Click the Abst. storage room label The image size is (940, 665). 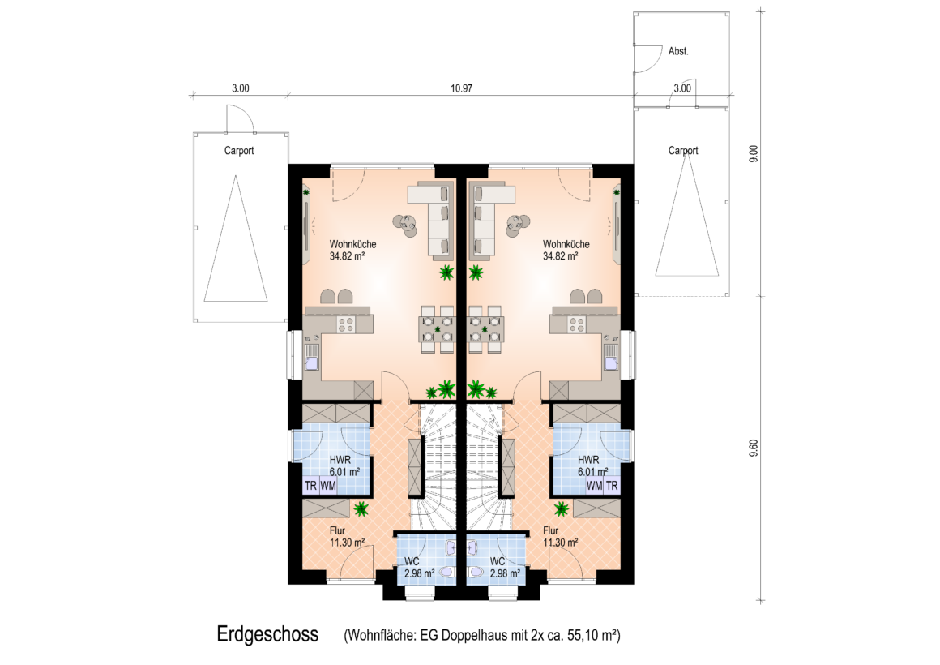[x=678, y=52]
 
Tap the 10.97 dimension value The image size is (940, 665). [x=462, y=88]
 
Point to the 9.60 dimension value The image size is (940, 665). [x=754, y=448]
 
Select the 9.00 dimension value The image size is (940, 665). [x=754, y=153]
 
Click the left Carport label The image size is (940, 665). [x=238, y=151]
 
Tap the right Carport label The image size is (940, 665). [x=683, y=151]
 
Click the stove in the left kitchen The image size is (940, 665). [x=346, y=324]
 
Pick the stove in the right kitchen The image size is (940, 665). [x=577, y=324]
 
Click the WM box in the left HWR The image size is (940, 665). [x=328, y=486]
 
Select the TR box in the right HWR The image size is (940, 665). [x=612, y=486]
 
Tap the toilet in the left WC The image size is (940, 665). [x=446, y=572]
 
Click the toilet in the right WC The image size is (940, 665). [x=476, y=572]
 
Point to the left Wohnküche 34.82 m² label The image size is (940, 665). [x=352, y=251]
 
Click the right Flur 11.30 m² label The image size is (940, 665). [x=561, y=537]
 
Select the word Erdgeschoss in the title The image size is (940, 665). [x=267, y=634]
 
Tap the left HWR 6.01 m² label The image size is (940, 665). [x=344, y=466]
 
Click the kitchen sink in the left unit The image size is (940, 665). [x=311, y=358]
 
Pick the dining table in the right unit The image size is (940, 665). [x=485, y=329]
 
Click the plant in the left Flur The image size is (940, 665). [x=361, y=509]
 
